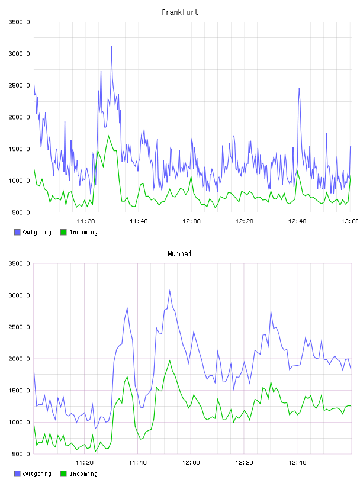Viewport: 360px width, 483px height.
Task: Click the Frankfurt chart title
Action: tap(180, 12)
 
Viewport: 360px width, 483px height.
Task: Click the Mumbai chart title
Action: tap(179, 253)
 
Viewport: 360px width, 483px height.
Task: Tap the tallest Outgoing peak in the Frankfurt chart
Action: tap(111, 47)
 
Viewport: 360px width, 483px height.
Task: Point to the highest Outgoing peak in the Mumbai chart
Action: tap(169, 291)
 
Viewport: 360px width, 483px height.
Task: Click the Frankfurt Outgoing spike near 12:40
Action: tap(298, 89)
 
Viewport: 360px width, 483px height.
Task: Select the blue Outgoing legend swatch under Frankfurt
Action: tap(17, 232)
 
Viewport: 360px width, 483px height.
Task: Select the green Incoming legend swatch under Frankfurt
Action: tap(63, 232)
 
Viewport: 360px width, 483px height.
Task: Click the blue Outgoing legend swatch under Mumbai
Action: tap(17, 474)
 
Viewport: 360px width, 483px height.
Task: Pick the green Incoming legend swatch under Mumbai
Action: tap(63, 474)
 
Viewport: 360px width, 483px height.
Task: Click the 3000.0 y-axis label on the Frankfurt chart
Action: tap(19, 54)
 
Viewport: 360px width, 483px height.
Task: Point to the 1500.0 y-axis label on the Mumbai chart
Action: tap(19, 391)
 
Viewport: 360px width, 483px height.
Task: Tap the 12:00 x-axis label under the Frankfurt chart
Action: tap(191, 221)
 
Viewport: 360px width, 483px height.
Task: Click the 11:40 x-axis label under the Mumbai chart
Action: tap(137, 463)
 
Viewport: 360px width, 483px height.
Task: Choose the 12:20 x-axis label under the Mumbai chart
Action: tap(244, 463)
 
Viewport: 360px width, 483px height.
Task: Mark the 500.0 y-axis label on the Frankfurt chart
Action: tap(21, 212)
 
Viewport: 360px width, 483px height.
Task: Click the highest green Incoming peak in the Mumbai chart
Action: tap(169, 360)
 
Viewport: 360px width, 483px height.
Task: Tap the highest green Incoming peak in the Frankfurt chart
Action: tap(108, 136)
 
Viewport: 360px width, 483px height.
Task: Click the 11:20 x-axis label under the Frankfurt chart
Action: tap(86, 221)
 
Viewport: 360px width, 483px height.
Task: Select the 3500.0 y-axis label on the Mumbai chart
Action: tap(19, 263)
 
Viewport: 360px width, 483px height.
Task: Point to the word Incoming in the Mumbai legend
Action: tap(83, 474)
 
